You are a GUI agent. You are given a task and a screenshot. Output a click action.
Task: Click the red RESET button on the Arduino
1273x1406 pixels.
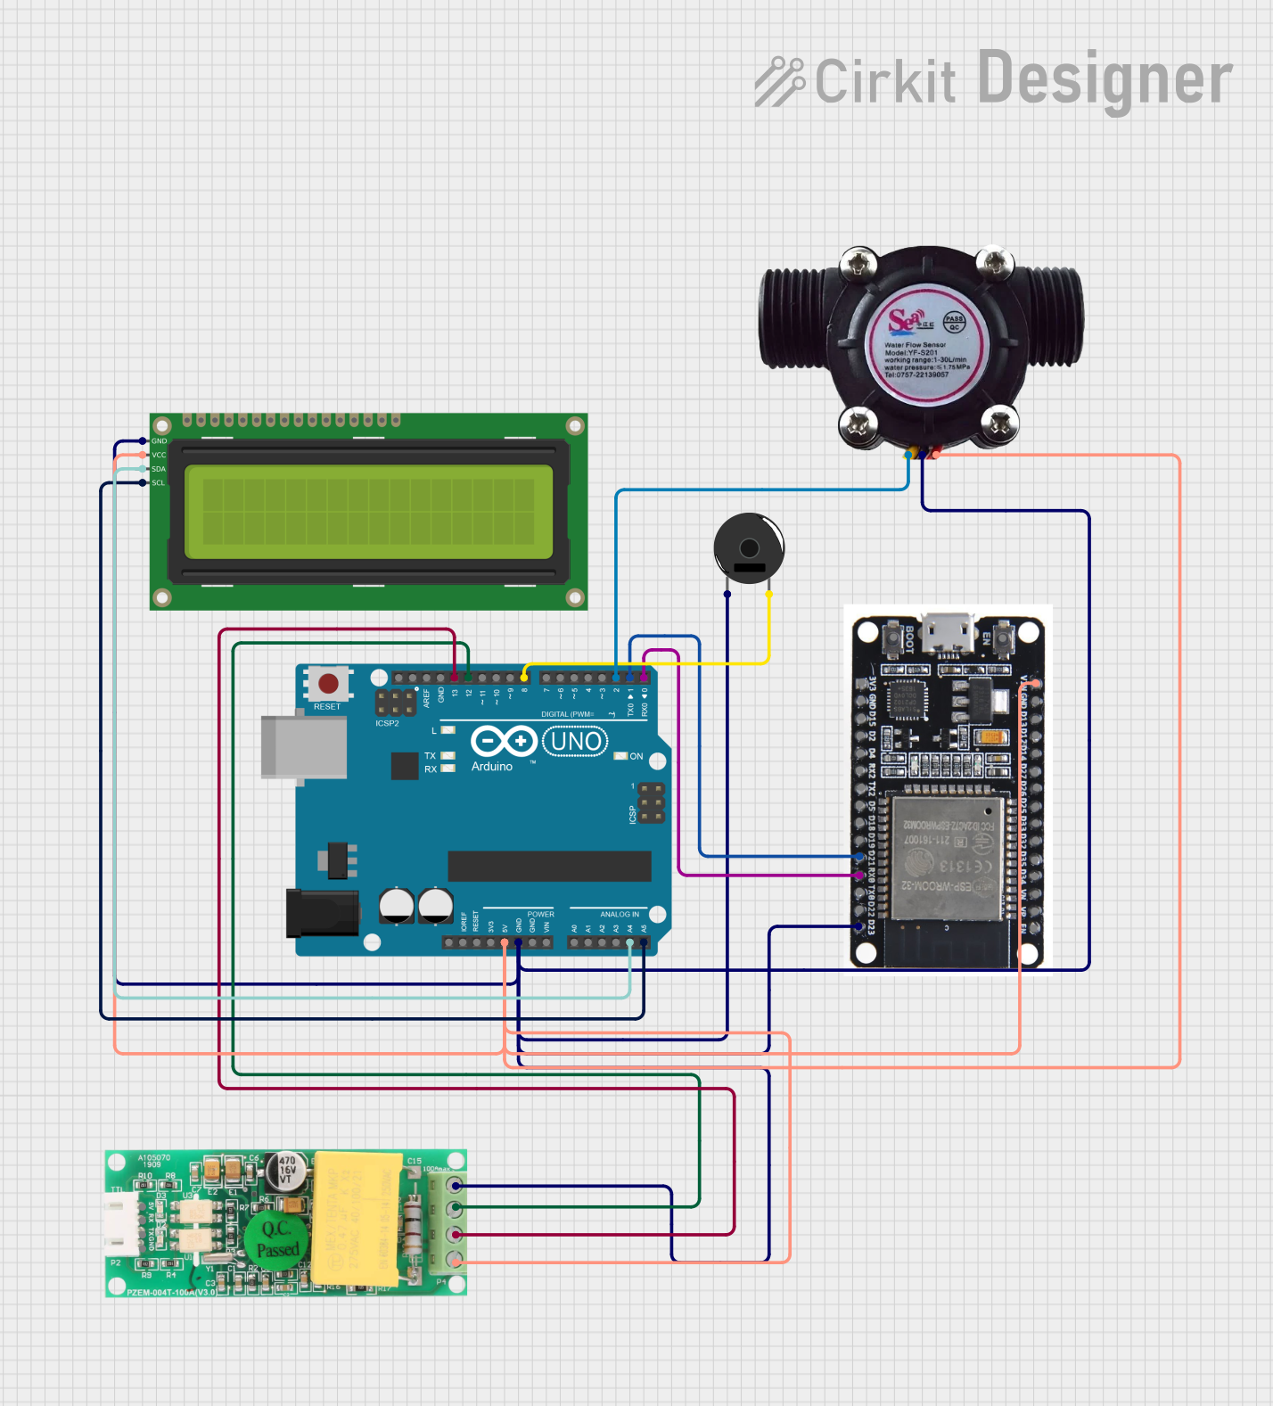point(328,684)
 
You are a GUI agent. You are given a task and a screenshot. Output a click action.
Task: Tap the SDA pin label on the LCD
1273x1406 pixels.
point(159,469)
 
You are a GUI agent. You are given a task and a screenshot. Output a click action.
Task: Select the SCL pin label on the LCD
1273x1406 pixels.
point(159,483)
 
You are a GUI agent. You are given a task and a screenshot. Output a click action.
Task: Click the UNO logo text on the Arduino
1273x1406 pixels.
point(576,741)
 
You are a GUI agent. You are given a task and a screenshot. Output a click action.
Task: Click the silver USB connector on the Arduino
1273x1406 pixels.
point(303,747)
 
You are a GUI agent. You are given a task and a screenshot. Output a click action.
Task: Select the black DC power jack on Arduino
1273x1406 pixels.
point(322,913)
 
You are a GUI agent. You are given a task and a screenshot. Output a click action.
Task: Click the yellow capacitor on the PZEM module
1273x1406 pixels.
point(357,1218)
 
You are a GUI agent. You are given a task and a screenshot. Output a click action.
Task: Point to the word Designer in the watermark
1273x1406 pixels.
point(1105,80)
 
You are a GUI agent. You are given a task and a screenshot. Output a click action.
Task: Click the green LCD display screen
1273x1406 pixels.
point(369,512)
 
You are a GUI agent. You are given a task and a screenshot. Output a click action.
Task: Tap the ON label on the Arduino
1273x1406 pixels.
point(636,756)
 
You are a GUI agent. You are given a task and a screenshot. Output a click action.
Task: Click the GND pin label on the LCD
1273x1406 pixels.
point(159,441)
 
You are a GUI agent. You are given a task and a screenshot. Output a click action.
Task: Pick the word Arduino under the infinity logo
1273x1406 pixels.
point(492,767)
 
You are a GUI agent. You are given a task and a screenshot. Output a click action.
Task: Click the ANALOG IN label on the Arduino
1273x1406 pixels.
point(620,915)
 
